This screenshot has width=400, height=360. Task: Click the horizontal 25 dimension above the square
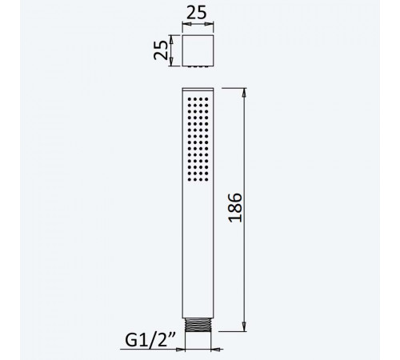click(x=197, y=13)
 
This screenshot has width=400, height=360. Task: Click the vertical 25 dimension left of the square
click(x=161, y=50)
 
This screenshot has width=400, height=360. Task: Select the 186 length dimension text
click(x=235, y=208)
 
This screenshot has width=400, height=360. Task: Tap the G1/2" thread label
click(x=150, y=340)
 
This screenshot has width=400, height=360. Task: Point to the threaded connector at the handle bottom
click(x=198, y=325)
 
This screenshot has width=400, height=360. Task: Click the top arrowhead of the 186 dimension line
click(x=244, y=92)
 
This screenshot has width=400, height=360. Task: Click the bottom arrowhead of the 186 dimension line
click(x=244, y=327)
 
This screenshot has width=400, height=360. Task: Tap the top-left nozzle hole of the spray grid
click(x=190, y=99)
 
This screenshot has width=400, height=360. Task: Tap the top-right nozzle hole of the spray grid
click(x=206, y=99)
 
